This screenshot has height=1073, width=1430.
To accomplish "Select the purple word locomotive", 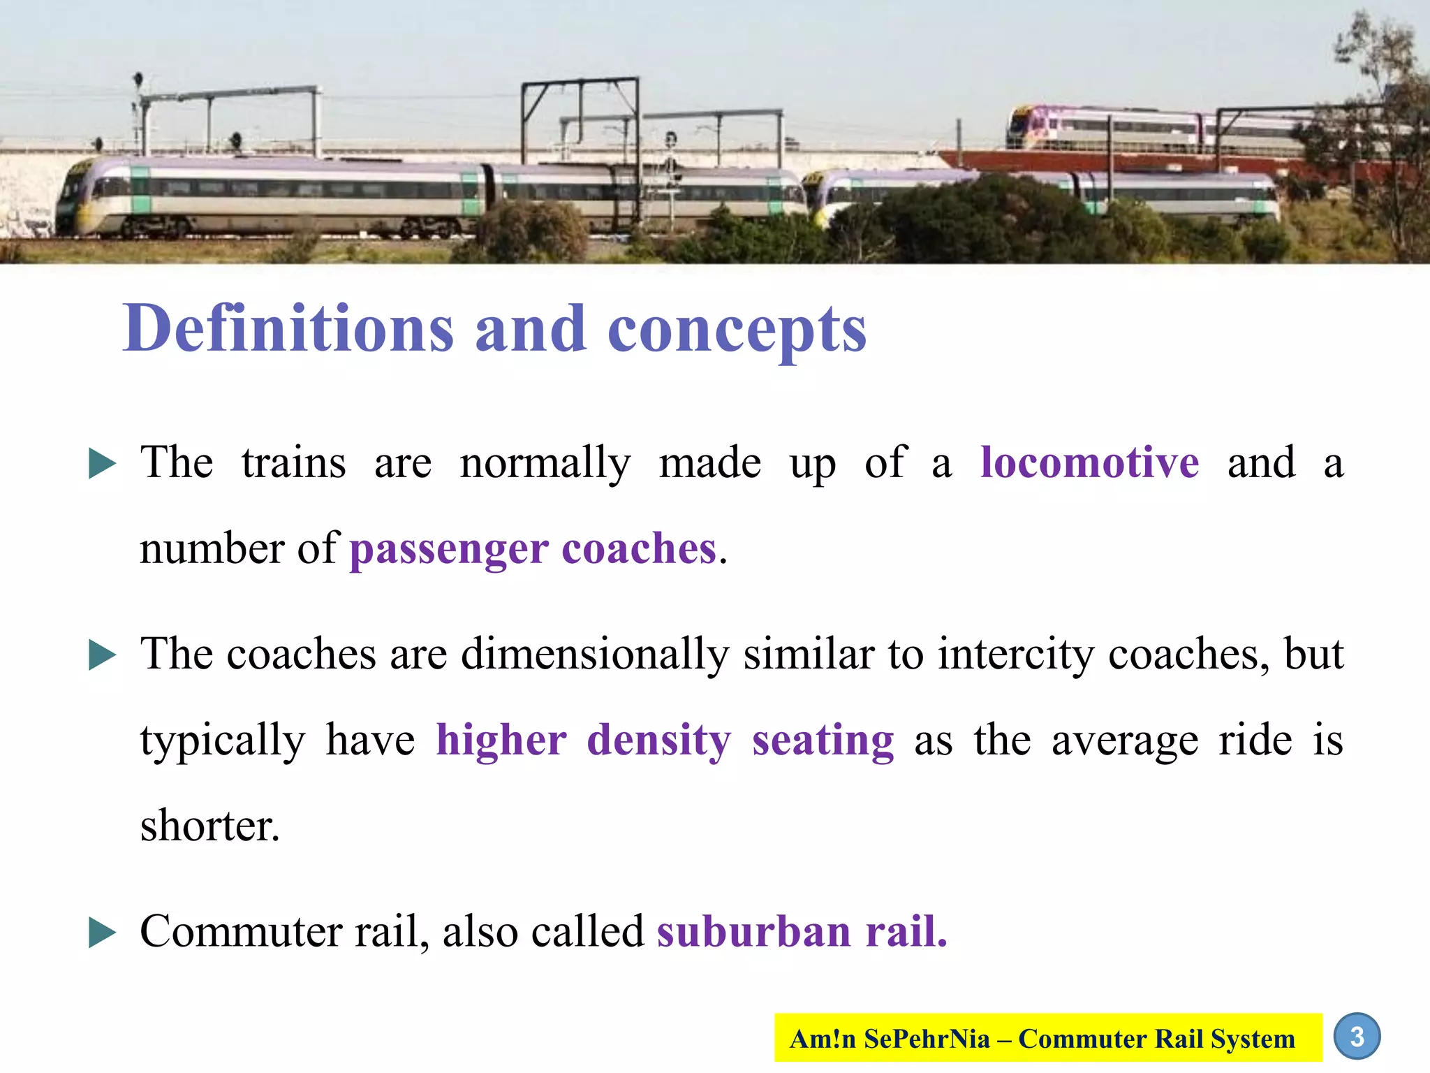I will (1089, 462).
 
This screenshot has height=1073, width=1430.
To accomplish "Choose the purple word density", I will (658, 740).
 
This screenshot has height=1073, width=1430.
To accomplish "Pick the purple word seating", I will (823, 740).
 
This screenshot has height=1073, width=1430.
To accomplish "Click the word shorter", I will (209, 825).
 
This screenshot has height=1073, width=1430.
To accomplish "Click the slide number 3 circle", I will (1357, 1037).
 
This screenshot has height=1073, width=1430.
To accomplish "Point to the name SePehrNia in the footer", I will (927, 1039).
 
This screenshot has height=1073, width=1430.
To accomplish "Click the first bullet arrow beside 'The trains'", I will (102, 465).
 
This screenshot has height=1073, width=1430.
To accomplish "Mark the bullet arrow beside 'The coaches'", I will (102, 656).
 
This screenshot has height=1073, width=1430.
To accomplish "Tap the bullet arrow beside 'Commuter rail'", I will (102, 933).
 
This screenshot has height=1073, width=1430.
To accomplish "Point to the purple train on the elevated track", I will (1103, 128).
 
